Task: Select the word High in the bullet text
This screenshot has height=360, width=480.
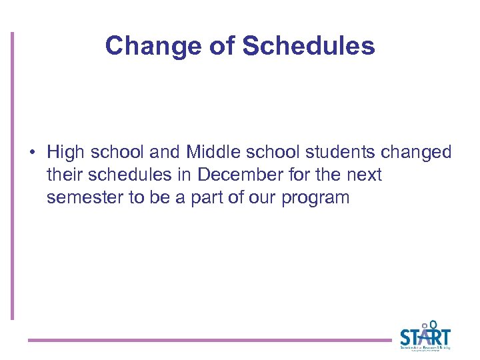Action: [x=65, y=153]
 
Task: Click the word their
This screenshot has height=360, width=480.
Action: [x=63, y=175]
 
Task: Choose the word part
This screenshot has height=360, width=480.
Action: [x=205, y=197]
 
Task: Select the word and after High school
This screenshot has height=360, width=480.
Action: [x=166, y=153]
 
